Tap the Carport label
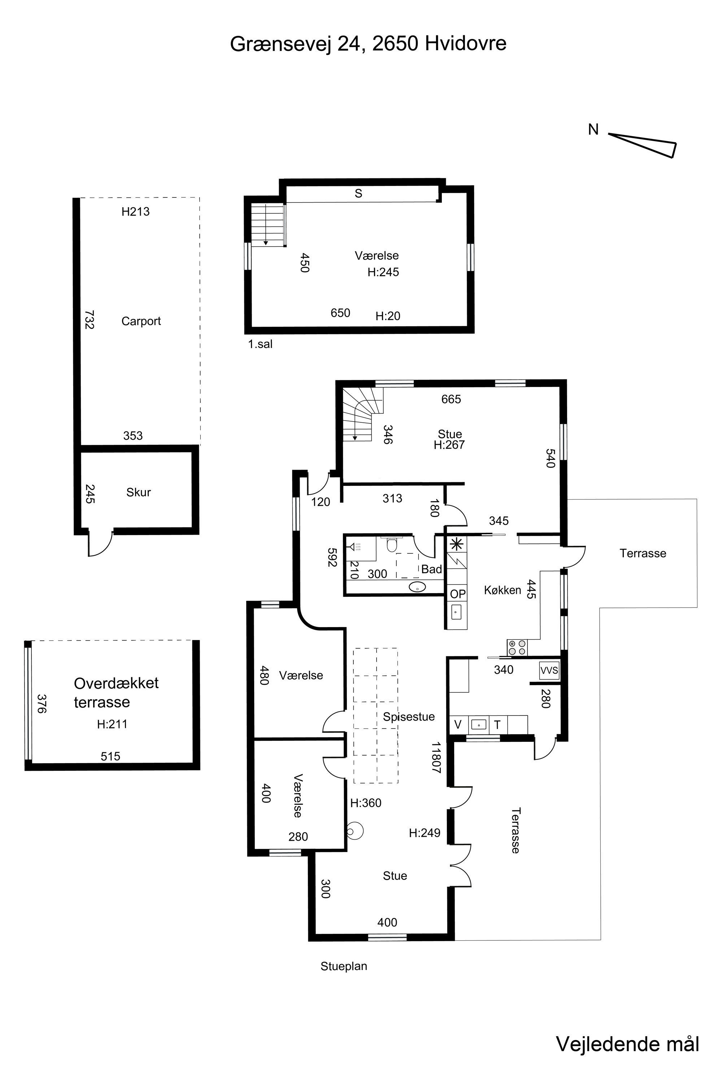click(141, 321)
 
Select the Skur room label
click(139, 492)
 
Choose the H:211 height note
click(112, 724)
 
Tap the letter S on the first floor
click(358, 194)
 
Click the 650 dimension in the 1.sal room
click(340, 313)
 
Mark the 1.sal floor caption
click(260, 344)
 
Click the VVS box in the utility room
click(549, 670)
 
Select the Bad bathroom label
click(431, 569)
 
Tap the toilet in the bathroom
click(391, 544)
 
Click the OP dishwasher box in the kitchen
click(458, 594)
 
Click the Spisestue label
click(409, 717)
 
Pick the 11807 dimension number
click(436, 757)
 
